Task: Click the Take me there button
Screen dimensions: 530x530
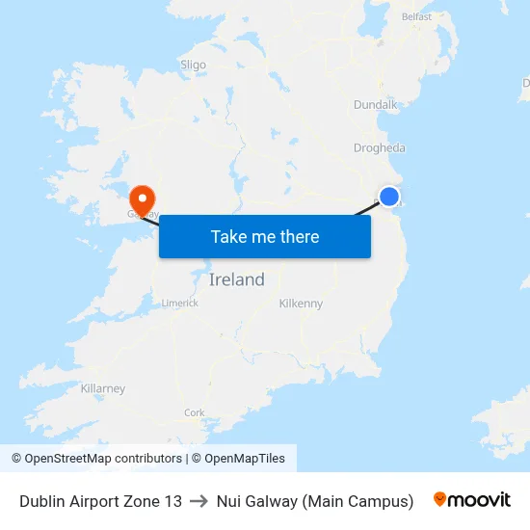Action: [x=265, y=236]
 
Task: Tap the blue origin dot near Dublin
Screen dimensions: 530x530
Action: [x=389, y=197]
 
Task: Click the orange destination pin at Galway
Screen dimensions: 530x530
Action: [x=143, y=199]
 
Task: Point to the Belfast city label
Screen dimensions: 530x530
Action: [x=416, y=16]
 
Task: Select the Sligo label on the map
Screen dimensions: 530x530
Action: [x=193, y=65]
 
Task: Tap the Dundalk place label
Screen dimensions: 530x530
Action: [x=376, y=104]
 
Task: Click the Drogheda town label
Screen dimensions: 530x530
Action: [x=380, y=147]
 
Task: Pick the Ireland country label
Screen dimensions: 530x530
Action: [x=237, y=279]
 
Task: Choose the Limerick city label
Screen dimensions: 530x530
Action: [x=179, y=303]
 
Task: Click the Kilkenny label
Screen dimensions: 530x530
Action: [x=301, y=304]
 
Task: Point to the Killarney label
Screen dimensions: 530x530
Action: [x=103, y=388]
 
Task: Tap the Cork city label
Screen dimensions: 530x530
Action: [x=194, y=412]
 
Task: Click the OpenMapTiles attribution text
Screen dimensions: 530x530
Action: [x=238, y=459]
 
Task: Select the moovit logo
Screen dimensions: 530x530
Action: [x=472, y=500]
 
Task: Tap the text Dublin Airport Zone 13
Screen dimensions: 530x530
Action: [x=100, y=501]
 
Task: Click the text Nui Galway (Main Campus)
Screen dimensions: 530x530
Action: [x=315, y=501]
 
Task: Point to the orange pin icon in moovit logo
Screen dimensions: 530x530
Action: [x=440, y=499]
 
